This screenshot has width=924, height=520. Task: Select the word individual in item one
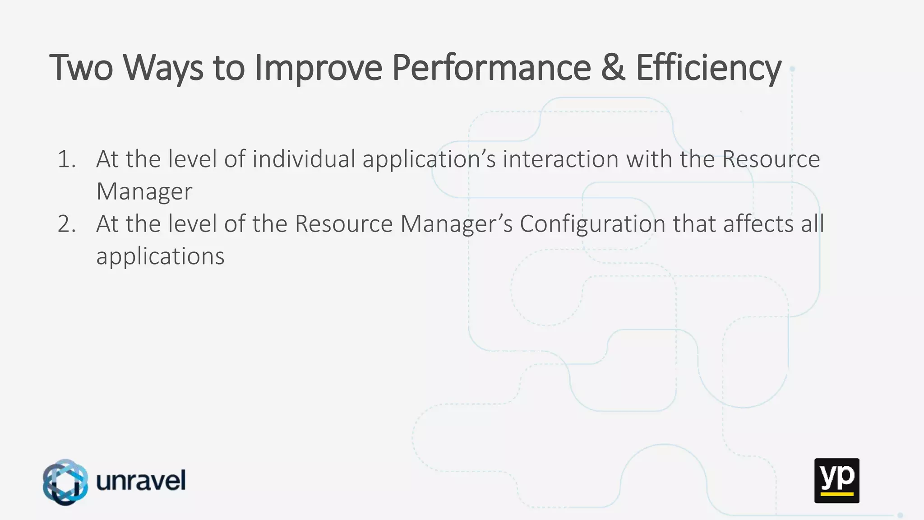[304, 159]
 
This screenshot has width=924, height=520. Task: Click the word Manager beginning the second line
[144, 192]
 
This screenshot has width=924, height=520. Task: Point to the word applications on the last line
[160, 257]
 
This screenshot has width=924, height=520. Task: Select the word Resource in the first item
[771, 159]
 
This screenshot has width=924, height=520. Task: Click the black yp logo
[836, 480]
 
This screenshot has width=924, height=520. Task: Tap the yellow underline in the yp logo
[836, 494]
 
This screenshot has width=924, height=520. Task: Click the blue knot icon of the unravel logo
[65, 482]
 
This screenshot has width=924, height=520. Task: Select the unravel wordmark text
[141, 481]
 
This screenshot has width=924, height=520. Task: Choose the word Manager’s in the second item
[456, 224]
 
